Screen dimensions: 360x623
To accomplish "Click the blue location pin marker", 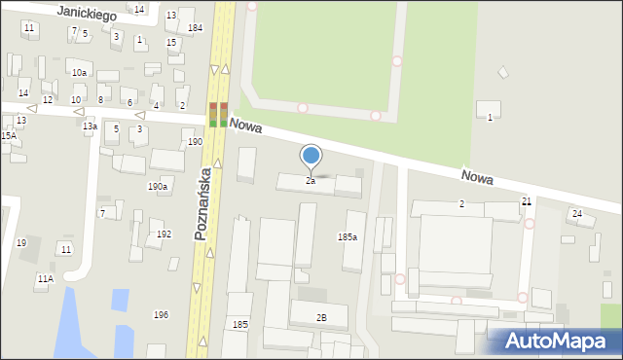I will (x=311, y=156).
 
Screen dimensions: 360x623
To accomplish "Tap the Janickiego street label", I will (x=86, y=14).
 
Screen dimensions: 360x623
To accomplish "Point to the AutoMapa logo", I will (x=554, y=342).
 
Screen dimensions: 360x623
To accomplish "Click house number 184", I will (x=195, y=28).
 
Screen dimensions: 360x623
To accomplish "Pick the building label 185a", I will (x=347, y=236).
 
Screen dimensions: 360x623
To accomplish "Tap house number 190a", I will (x=157, y=186).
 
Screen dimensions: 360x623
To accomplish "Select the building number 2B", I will (x=321, y=318).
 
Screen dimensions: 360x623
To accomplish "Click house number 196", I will (x=161, y=314).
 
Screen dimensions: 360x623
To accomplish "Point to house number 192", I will (x=164, y=234).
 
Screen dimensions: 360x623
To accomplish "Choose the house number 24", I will (x=577, y=213).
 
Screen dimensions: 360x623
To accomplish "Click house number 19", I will (x=21, y=243).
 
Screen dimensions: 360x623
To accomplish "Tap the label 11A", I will (x=45, y=279).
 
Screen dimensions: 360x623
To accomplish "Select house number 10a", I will (x=79, y=72).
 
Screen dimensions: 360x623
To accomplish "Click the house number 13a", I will (x=90, y=126).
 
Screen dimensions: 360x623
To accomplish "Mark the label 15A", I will (x=8, y=136).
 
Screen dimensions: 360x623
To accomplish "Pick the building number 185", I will (x=239, y=324).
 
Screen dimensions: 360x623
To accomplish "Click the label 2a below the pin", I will (x=311, y=181).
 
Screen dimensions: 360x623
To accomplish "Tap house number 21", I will (x=527, y=201).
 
